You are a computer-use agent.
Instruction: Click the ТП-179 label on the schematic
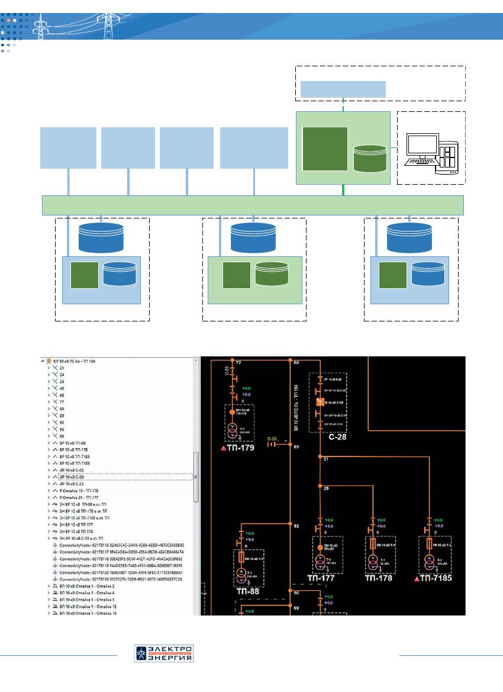[240, 448]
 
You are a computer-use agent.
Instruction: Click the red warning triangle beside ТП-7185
[417, 578]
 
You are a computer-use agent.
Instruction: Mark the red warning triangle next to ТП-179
[223, 449]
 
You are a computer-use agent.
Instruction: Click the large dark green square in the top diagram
[324, 147]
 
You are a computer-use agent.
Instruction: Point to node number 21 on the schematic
[325, 459]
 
